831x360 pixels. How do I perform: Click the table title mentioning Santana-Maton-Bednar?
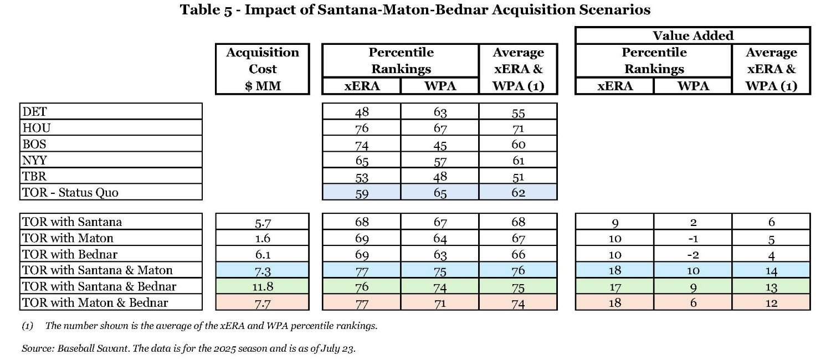(415, 10)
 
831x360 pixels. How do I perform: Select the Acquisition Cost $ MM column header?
(262, 69)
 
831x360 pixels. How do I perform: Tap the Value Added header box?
(693, 36)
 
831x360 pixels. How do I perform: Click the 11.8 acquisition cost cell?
(262, 286)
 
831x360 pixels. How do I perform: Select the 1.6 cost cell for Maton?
(262, 238)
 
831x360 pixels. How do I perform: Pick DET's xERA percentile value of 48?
(362, 112)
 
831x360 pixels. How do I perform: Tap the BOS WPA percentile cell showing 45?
(439, 145)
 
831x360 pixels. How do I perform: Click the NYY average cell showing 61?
(518, 161)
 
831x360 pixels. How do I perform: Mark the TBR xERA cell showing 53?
(362, 177)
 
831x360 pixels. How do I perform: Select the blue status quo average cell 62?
(518, 193)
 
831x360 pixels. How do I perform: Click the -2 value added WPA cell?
(693, 254)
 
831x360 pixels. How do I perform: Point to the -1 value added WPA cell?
(693, 238)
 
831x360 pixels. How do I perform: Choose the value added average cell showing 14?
(771, 271)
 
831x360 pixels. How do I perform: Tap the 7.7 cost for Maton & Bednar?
(262, 302)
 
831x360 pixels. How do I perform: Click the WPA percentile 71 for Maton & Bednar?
(439, 302)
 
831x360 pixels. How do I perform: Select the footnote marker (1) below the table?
(28, 326)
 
